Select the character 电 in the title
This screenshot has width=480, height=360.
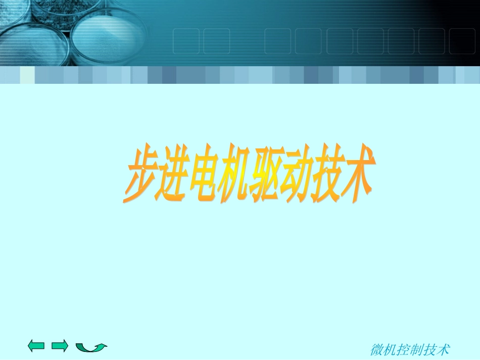point(201,176)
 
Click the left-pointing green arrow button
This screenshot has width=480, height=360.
point(36,346)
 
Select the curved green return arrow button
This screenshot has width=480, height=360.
point(91,347)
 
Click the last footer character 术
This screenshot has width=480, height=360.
point(443,349)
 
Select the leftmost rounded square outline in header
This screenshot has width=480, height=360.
point(185,40)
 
